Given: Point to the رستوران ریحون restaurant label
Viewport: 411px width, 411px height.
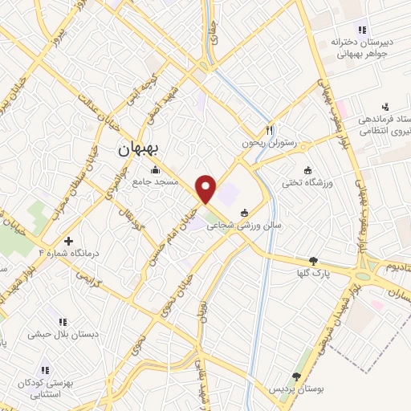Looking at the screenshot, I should pyautogui.click(x=271, y=143).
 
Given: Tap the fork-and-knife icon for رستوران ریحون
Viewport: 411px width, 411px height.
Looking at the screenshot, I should pyautogui.click(x=271, y=130).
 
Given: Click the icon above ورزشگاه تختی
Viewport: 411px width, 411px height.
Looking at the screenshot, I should pyautogui.click(x=308, y=169).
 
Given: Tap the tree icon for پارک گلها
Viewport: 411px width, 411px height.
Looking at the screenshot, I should pyautogui.click(x=312, y=260).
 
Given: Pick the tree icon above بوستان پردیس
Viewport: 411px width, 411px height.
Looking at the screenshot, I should pyautogui.click(x=296, y=376).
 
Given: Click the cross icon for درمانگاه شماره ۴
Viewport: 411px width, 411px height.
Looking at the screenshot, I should pyautogui.click(x=68, y=240).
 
